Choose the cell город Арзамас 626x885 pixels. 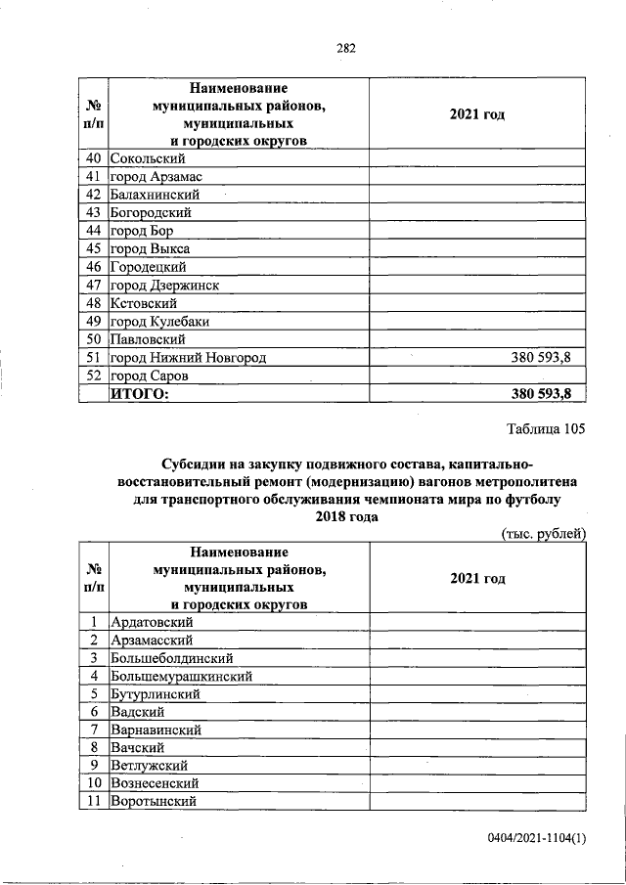152,176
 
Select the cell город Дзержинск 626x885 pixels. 164,285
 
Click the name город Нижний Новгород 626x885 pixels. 188,358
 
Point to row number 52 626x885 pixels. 94,376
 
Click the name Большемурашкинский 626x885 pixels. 182,675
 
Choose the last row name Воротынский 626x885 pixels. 154,801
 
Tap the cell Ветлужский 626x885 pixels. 149,765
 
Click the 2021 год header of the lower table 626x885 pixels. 477,578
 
